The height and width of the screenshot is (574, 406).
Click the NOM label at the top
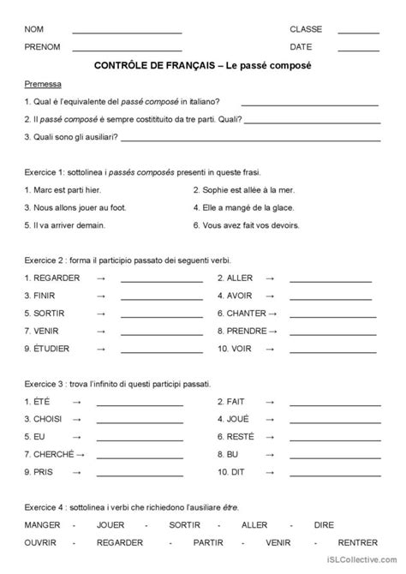pyautogui.click(x=33, y=29)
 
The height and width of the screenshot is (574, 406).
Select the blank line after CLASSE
pyautogui.click(x=358, y=33)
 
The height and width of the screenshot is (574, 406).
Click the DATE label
pyautogui.click(x=301, y=46)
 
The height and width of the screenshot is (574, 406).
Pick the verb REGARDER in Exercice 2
pyautogui.click(x=53, y=278)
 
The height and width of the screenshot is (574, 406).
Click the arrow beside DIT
pyautogui.click(x=270, y=472)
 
